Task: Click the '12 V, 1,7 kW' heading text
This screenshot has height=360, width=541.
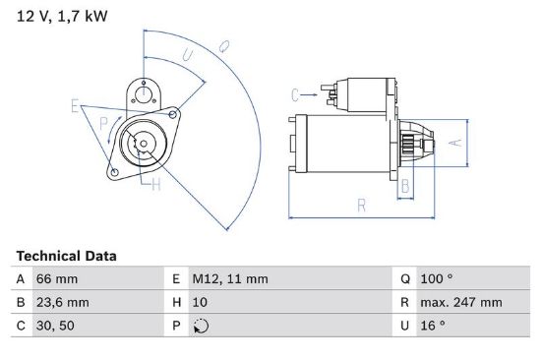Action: (62, 16)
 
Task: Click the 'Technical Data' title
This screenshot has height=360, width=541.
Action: (66, 256)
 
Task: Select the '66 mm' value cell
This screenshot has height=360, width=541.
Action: (57, 279)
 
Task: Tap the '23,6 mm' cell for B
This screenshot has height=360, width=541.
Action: (62, 302)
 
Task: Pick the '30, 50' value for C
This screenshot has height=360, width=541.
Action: (55, 326)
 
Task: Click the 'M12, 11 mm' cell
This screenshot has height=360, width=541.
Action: (230, 279)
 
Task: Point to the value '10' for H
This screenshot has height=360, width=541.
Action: (200, 302)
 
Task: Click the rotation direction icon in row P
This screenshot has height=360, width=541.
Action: (201, 326)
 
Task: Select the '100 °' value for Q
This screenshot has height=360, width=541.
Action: (437, 279)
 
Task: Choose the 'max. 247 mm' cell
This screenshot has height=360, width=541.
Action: (461, 302)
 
